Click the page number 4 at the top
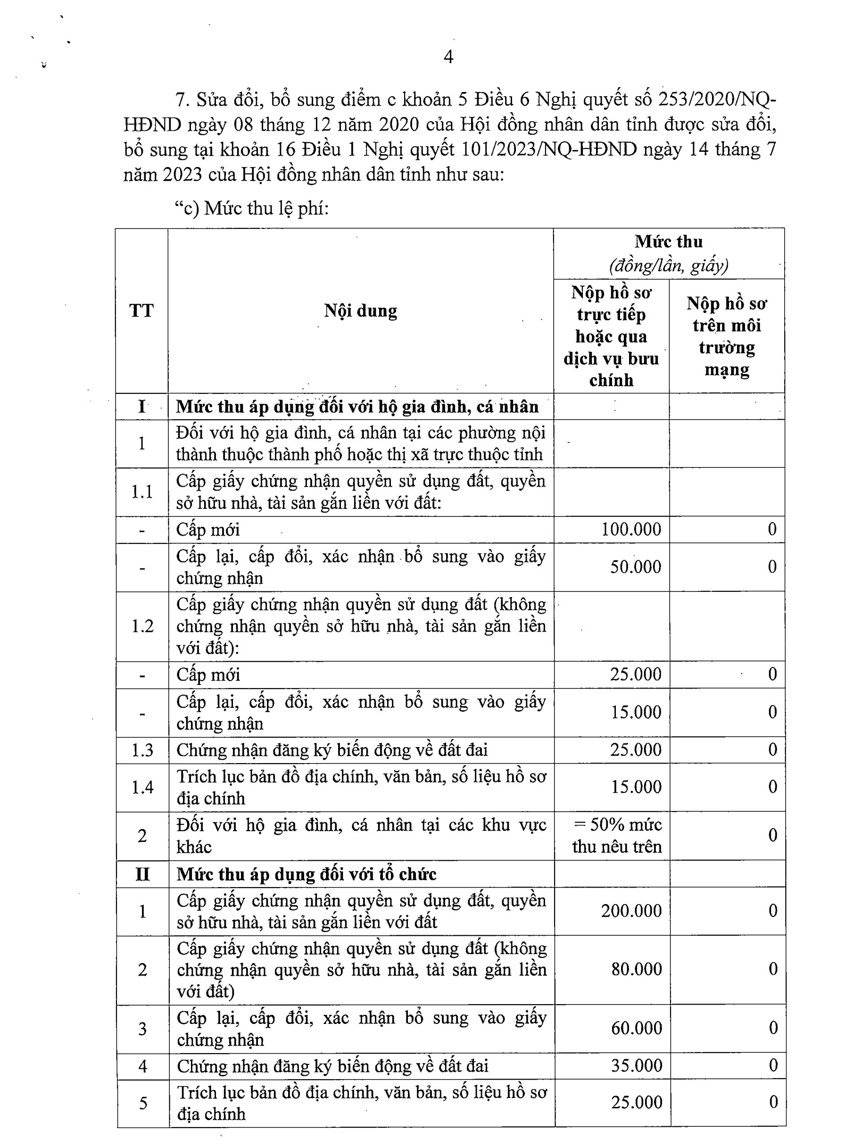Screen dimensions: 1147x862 click(448, 57)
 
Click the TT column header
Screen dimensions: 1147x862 click(141, 311)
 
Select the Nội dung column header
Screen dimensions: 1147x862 click(360, 311)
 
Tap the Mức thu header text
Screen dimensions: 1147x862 click(669, 242)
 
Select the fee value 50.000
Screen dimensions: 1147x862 click(636, 567)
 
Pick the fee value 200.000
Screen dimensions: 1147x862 click(631, 911)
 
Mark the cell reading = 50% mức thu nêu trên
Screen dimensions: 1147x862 click(617, 835)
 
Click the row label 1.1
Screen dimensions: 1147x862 click(142, 491)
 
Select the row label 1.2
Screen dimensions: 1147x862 click(142, 626)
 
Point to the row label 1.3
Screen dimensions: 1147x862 click(142, 750)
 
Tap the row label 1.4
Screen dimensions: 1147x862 click(142, 787)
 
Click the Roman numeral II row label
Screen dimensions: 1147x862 click(142, 874)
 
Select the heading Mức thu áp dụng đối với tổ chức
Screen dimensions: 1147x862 click(307, 874)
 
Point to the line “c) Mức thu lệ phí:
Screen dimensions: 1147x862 click(252, 208)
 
